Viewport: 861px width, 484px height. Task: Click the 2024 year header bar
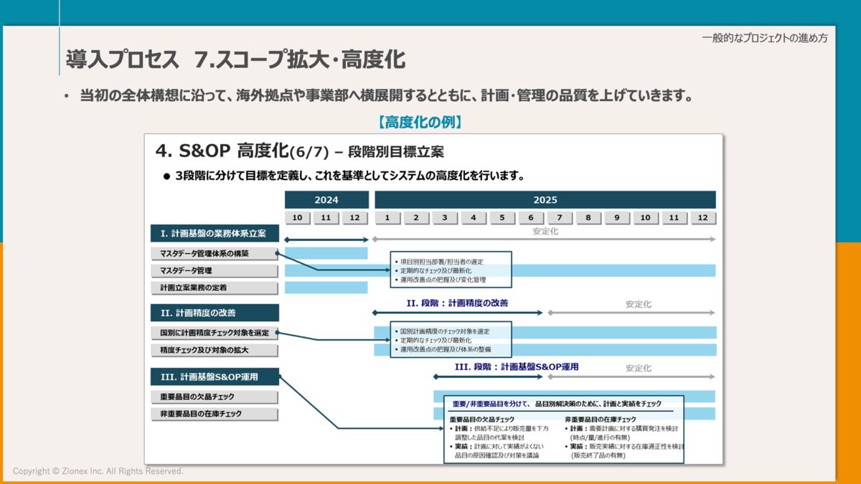(326, 200)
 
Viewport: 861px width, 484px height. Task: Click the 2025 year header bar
(545, 200)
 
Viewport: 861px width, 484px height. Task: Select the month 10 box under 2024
(298, 218)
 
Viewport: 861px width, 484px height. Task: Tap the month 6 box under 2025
(531, 218)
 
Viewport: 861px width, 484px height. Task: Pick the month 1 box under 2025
(387, 218)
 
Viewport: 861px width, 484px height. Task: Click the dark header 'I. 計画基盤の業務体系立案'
(215, 233)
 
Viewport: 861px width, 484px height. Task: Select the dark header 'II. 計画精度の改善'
(215, 313)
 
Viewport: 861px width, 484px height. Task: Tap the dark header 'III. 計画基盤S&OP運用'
(215, 376)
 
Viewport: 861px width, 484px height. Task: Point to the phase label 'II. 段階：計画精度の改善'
(457, 303)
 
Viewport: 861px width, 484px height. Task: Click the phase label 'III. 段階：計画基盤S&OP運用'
(517, 366)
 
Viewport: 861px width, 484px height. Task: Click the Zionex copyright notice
(98, 471)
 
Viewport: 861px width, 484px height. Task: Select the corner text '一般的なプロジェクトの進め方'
(764, 38)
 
